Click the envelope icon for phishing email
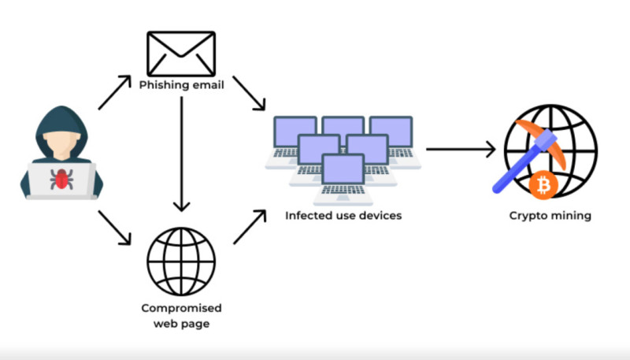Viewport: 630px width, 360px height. (181, 53)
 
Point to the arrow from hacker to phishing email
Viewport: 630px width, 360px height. (114, 93)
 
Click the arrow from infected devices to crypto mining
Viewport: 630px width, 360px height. (461, 149)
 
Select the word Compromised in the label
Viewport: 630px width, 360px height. (181, 307)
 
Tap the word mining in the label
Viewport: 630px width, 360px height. (571, 215)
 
